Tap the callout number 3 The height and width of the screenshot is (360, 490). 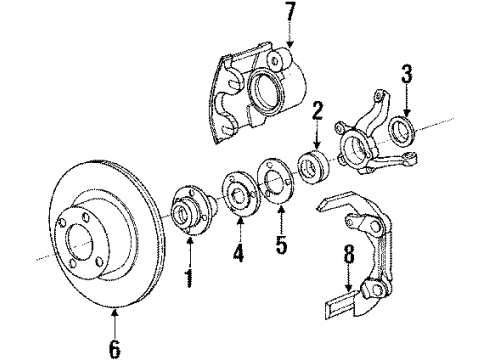[x=406, y=73]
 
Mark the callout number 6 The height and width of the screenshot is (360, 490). [x=115, y=347]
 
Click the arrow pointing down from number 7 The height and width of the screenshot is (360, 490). [x=291, y=38]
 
